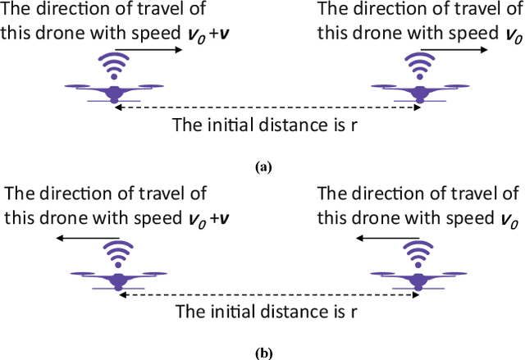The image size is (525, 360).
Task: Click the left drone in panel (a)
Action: (x=114, y=90)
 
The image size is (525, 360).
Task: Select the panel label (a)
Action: (x=262, y=166)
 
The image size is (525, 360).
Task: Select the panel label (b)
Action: (x=262, y=353)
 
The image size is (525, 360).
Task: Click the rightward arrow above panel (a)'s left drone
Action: (x=154, y=50)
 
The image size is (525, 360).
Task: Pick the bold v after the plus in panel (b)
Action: (x=224, y=220)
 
